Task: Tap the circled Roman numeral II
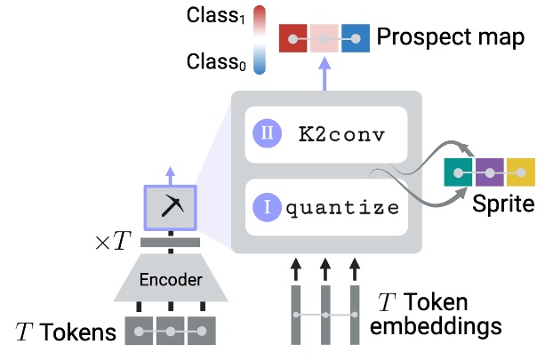pyautogui.click(x=267, y=134)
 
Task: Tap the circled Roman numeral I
pyautogui.click(x=267, y=209)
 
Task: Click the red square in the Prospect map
pyautogui.click(x=294, y=39)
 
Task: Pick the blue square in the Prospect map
pyautogui.click(x=356, y=39)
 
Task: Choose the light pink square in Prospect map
pyautogui.click(x=325, y=39)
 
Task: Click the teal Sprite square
pyautogui.click(x=460, y=172)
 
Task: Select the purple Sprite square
pyautogui.click(x=490, y=172)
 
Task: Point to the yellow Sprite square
pyautogui.click(x=520, y=172)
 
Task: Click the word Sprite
pyautogui.click(x=502, y=205)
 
